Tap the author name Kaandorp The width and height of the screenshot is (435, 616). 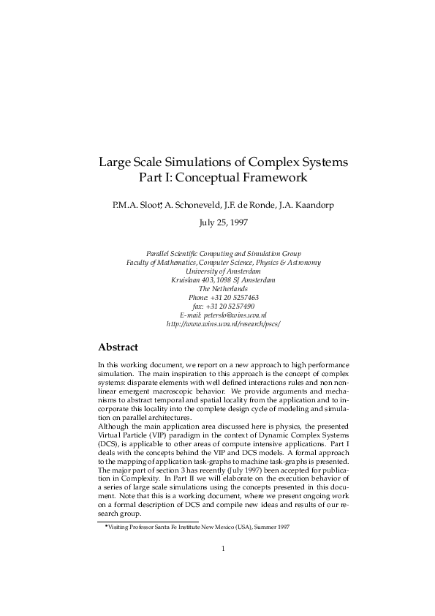click(x=315, y=206)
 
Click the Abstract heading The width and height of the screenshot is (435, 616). click(x=118, y=347)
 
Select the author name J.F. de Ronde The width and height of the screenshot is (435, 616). click(x=254, y=206)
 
